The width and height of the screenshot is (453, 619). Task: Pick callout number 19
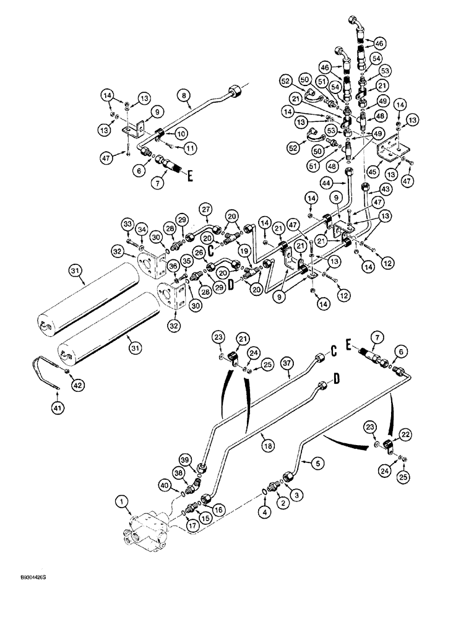pos(243,251)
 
